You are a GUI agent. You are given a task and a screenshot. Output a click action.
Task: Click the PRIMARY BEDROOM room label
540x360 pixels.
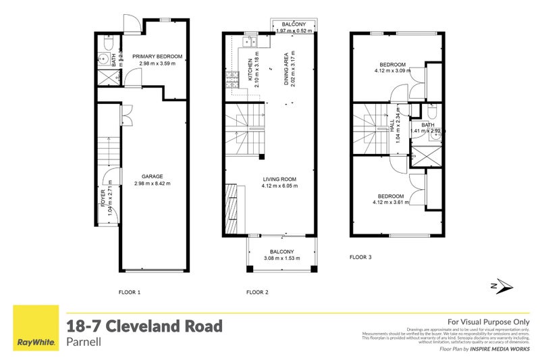[157, 57]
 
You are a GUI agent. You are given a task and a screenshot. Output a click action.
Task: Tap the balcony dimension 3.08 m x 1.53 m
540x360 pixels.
[280, 258]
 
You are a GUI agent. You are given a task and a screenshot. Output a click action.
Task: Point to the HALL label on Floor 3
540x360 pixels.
[391, 126]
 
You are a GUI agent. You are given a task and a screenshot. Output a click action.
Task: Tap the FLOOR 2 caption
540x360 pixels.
[257, 292]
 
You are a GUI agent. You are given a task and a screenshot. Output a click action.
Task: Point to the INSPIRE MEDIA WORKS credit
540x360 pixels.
[499, 349]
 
